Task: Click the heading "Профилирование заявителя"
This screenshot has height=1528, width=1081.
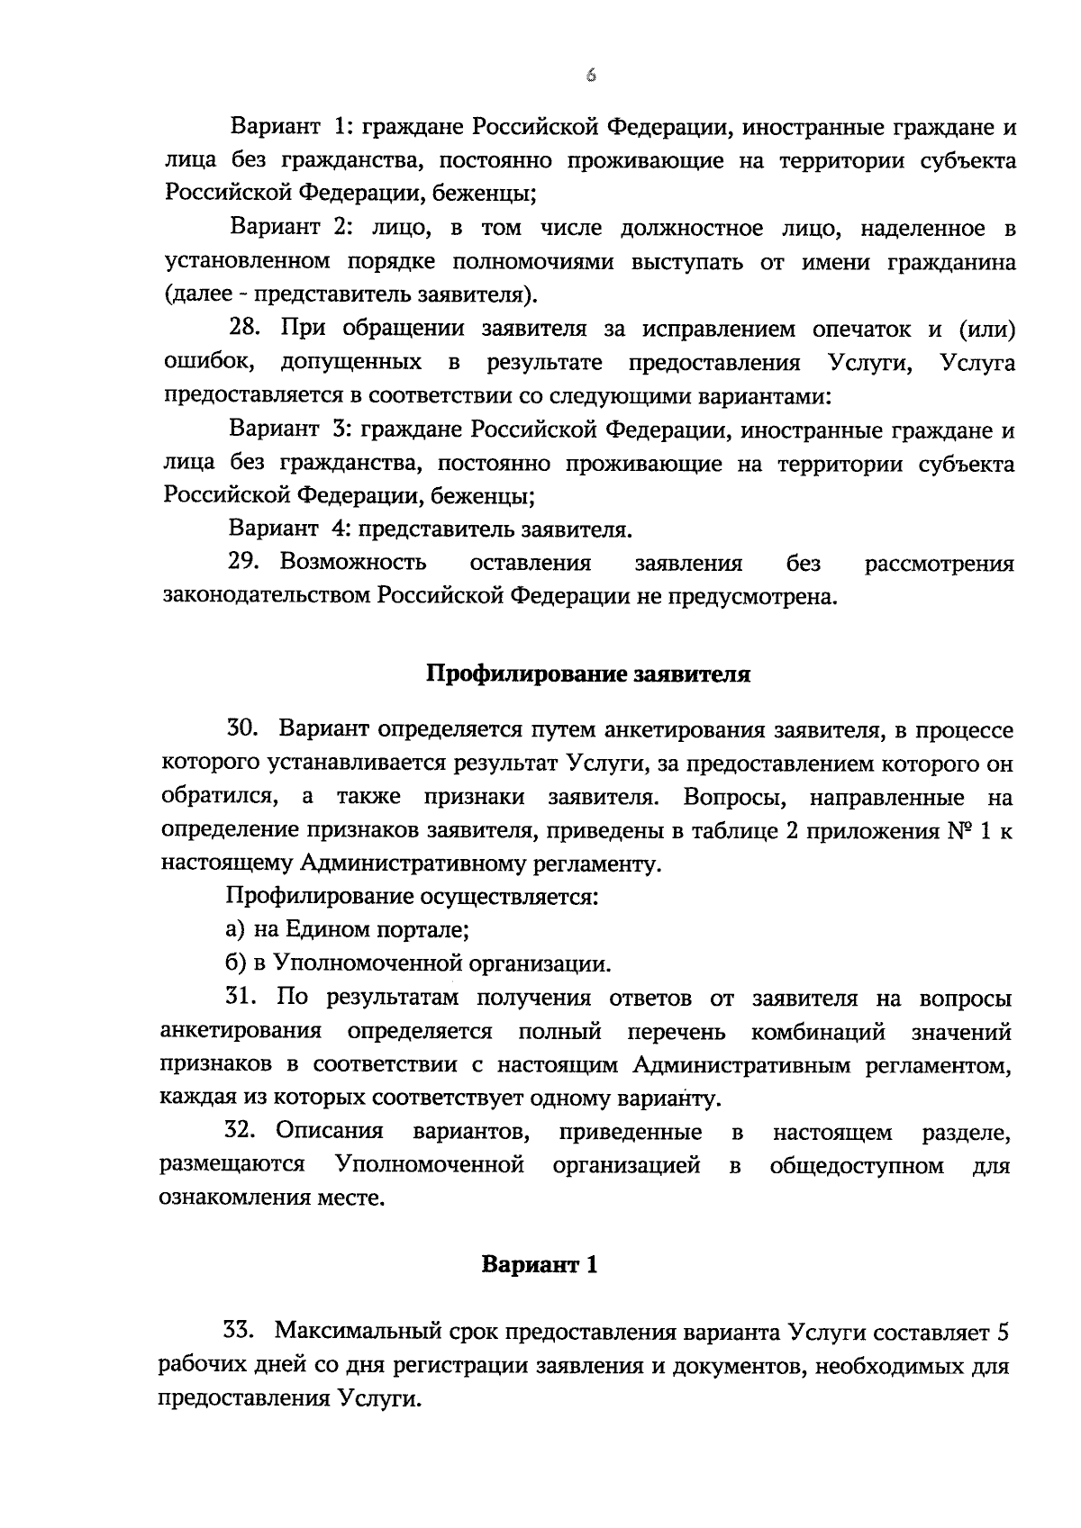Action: coord(587,674)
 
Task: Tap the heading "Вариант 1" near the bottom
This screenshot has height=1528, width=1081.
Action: coord(539,1264)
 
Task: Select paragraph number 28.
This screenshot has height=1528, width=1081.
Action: coord(244,329)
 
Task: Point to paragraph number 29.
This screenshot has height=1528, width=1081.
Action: coord(244,563)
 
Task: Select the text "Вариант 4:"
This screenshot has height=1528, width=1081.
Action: coord(282,529)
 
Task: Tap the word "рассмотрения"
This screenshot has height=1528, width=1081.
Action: coord(939,564)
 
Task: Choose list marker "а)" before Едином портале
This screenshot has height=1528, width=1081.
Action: coord(235,930)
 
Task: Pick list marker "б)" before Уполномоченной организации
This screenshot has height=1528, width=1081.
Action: coord(235,963)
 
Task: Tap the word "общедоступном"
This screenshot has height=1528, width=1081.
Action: coord(856,1165)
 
